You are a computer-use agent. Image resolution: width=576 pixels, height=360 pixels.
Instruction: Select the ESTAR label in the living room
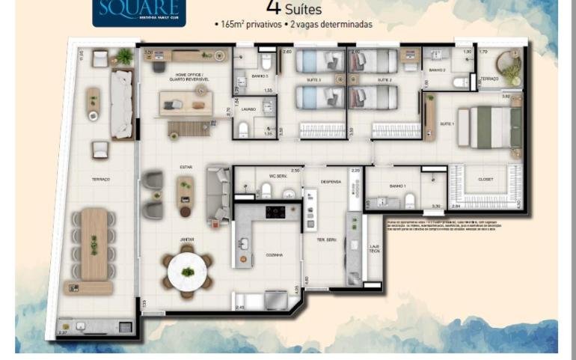pos(186,167)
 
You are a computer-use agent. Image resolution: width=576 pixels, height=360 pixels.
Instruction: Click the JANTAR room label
pos(186,240)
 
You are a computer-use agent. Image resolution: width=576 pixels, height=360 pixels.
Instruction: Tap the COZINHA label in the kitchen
pos(274,255)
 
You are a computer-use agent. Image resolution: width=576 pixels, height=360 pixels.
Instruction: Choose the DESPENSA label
pos(331,181)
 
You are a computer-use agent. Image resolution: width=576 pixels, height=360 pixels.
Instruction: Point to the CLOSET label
pos(484,180)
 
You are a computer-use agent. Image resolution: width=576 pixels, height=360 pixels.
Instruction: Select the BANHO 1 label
pos(396,186)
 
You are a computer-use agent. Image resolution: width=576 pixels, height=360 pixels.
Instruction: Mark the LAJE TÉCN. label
pos(374,249)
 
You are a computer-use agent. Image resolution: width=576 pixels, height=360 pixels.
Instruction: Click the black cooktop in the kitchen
pos(275,212)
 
